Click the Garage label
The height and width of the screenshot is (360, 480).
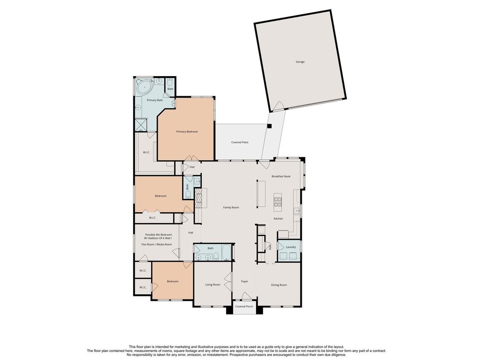point(300,62)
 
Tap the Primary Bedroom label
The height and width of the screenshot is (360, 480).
point(187,132)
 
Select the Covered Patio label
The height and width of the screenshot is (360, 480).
point(240,142)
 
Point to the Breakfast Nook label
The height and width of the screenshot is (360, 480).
point(281,176)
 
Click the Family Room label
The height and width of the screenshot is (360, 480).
point(231,208)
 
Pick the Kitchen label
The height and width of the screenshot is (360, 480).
point(278,219)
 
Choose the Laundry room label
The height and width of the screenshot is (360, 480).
point(291,247)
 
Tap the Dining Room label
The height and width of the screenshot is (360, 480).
point(279,285)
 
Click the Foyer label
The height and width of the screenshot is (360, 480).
point(244,281)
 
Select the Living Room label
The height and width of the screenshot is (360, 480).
point(213,285)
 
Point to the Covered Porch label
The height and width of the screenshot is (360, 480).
point(244,306)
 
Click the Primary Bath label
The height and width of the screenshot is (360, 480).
point(155,100)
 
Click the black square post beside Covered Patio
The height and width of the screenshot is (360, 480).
point(269,126)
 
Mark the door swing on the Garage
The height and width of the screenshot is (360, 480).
point(279,106)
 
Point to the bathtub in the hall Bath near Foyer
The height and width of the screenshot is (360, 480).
point(227,253)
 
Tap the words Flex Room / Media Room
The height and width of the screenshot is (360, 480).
point(157,244)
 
